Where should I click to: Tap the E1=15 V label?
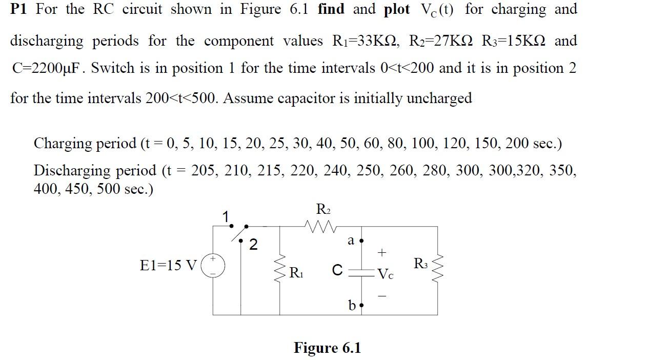(x=168, y=266)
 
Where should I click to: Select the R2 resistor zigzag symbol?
(x=320, y=225)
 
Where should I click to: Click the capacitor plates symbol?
(x=362, y=272)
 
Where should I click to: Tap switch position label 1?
(x=225, y=217)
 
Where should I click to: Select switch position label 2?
(x=253, y=245)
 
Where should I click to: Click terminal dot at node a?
(x=361, y=241)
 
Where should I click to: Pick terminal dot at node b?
(x=361, y=306)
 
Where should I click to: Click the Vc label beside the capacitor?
(x=386, y=274)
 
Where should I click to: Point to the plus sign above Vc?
(x=381, y=252)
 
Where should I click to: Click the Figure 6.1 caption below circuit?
(x=327, y=348)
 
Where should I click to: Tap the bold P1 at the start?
(x=18, y=9)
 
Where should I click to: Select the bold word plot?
(x=396, y=9)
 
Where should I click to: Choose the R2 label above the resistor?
(x=323, y=209)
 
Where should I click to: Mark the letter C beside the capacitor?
(x=337, y=270)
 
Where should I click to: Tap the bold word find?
(x=331, y=9)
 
